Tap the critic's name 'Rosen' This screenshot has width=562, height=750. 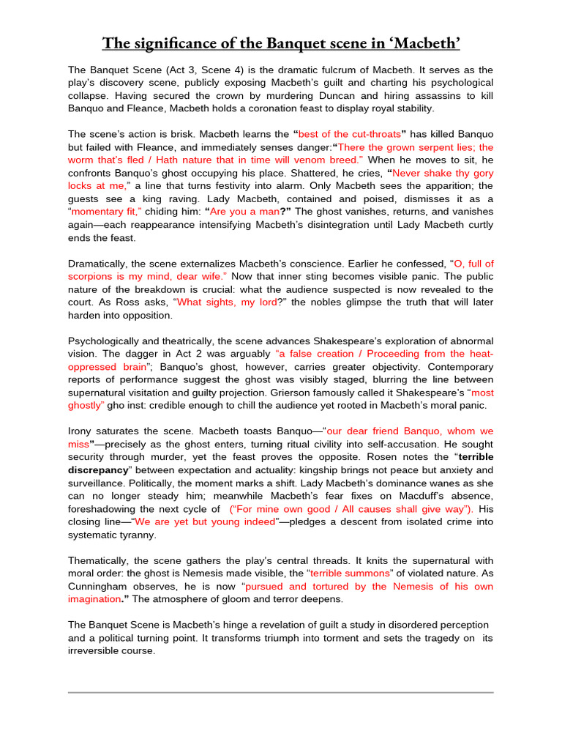click(375, 457)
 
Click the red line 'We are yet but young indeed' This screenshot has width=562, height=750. click(203, 521)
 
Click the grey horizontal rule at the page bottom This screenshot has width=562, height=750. click(281, 692)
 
